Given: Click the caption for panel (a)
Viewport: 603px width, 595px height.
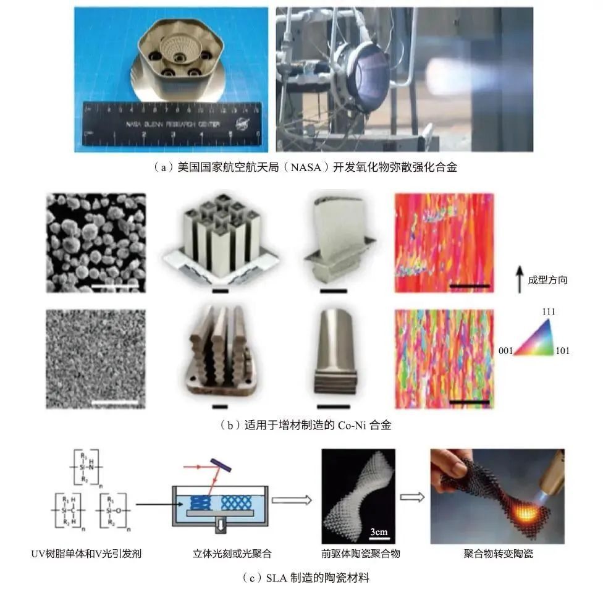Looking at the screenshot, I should coord(301,166).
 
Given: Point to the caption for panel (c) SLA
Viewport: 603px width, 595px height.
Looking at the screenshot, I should coord(302,578).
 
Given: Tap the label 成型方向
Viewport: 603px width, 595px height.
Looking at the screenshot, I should coord(547,280).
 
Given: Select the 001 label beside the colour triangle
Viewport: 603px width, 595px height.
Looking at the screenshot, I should coord(506,351).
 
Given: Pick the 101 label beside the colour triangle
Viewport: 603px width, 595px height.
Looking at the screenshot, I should coord(562,351).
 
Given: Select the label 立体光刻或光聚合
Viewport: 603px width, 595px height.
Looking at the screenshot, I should coord(224,554).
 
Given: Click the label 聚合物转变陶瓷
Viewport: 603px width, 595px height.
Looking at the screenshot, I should coord(497,554).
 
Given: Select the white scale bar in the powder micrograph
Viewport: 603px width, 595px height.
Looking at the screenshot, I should coord(115,287).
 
